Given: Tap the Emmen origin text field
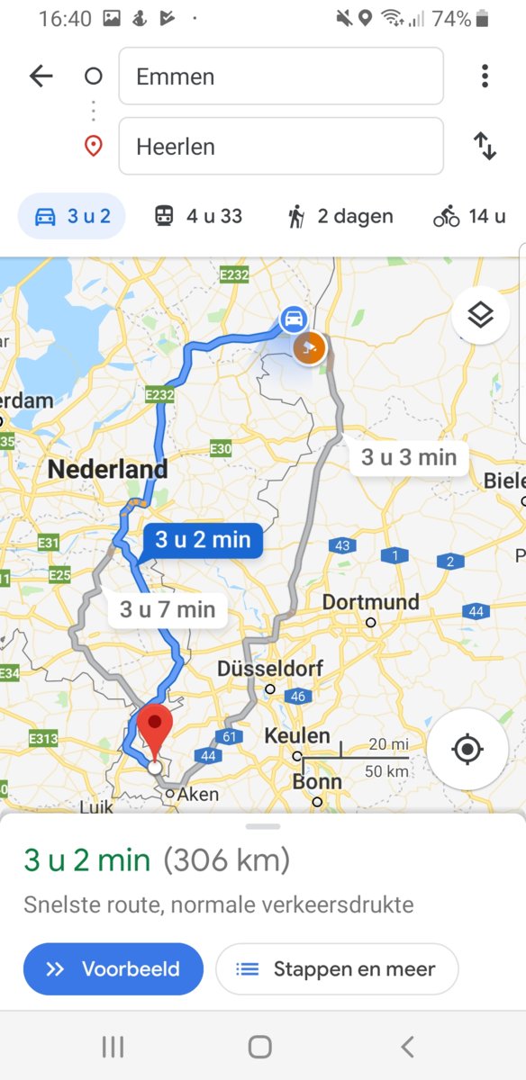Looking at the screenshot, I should (x=280, y=76).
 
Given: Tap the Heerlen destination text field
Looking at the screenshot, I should (x=280, y=146).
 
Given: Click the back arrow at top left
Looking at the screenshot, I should (x=41, y=76).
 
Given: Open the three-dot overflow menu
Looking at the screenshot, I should (x=485, y=76).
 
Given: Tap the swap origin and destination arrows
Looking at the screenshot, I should (x=485, y=146).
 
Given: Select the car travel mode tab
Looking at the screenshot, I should (x=71, y=216).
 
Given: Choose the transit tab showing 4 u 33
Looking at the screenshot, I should (x=197, y=216).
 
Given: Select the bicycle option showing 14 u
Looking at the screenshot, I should (x=469, y=216).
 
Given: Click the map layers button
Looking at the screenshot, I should (x=480, y=315).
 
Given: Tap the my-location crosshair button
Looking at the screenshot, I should (x=467, y=749).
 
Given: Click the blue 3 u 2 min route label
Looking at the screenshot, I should (x=202, y=540).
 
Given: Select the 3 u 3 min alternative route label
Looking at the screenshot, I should (x=409, y=457).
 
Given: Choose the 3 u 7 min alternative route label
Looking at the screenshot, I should (x=168, y=610).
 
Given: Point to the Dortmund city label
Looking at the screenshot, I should (x=370, y=602).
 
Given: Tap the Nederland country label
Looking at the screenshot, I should (x=107, y=469).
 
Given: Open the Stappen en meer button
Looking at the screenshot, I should (x=337, y=969).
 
